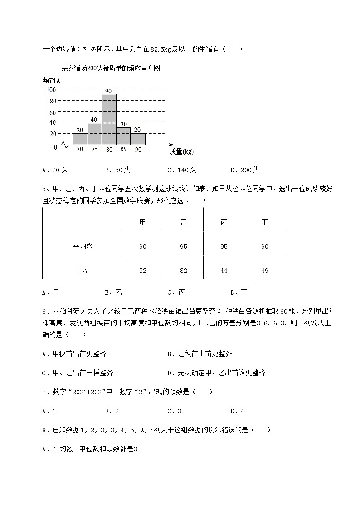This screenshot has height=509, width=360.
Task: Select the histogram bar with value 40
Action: click(x=94, y=134)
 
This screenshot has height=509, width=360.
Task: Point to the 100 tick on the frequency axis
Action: click(x=51, y=90)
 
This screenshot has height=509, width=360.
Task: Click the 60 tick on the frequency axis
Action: click(x=53, y=112)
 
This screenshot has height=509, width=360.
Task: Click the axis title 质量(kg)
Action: click(x=181, y=152)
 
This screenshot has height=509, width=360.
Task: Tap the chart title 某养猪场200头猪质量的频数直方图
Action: click(x=111, y=68)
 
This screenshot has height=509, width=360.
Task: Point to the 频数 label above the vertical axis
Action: click(x=49, y=80)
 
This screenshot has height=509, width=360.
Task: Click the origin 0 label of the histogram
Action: click(x=55, y=147)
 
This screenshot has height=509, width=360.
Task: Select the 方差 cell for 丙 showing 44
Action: click(x=224, y=271)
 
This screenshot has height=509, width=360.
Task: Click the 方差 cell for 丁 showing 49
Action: click(x=264, y=271)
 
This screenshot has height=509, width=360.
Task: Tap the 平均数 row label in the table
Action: click(x=83, y=247)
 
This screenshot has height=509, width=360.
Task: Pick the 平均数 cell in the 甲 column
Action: click(x=143, y=247)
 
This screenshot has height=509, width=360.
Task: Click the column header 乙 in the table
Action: click(x=183, y=222)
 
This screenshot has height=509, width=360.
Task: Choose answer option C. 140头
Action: click(x=181, y=170)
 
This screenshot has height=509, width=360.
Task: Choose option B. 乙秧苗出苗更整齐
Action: click(x=199, y=354)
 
